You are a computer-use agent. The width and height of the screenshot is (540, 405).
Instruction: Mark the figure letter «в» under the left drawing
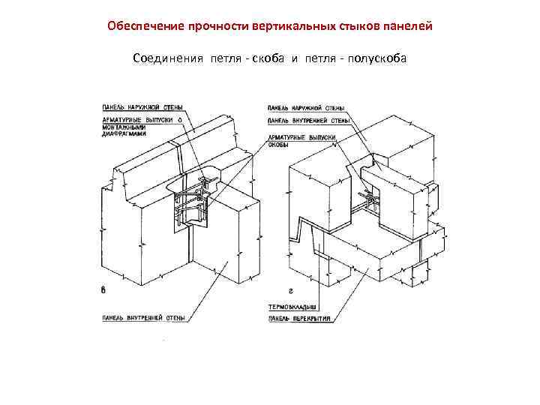(103, 289)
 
